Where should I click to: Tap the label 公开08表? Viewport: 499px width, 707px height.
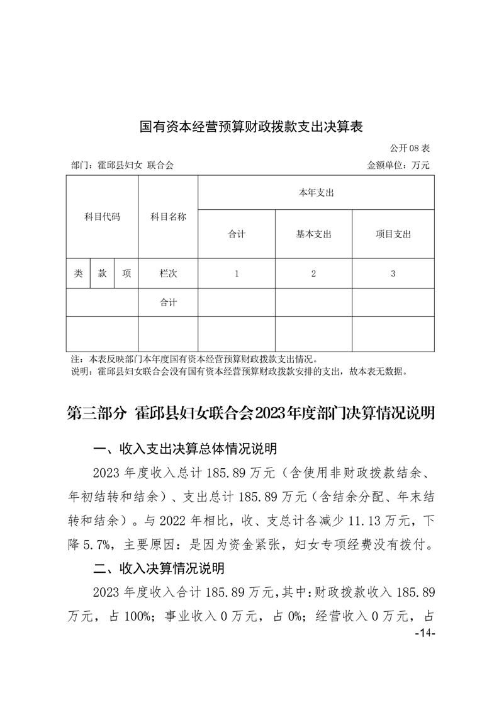click(409, 149)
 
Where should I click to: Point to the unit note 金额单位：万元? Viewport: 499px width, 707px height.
click(398, 166)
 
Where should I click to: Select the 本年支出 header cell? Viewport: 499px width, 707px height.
click(316, 193)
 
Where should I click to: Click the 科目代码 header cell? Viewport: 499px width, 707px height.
click(102, 217)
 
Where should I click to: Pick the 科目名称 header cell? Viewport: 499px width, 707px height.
click(168, 217)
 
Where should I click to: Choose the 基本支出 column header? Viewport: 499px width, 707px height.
click(313, 234)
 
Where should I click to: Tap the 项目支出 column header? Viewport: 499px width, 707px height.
click(393, 234)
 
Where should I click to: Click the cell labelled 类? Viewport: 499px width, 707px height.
click(78, 273)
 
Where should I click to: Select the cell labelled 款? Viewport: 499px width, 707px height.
click(102, 273)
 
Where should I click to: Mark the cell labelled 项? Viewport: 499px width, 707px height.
click(126, 273)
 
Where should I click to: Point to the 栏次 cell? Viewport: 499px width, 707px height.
click(168, 273)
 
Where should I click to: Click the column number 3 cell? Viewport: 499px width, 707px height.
click(393, 273)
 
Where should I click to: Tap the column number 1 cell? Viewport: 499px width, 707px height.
click(237, 273)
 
